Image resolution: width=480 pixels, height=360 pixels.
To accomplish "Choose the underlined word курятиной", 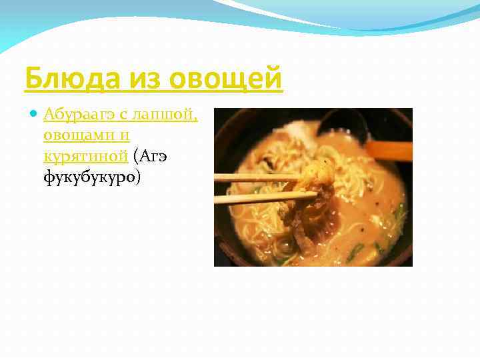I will pyautogui.click(x=85, y=156).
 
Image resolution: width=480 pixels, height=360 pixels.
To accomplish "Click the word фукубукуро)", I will pyautogui.click(x=91, y=177).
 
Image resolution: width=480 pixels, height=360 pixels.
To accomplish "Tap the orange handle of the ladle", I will pyautogui.click(x=389, y=150).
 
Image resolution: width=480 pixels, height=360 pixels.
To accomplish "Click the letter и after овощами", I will pyautogui.click(x=125, y=136).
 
